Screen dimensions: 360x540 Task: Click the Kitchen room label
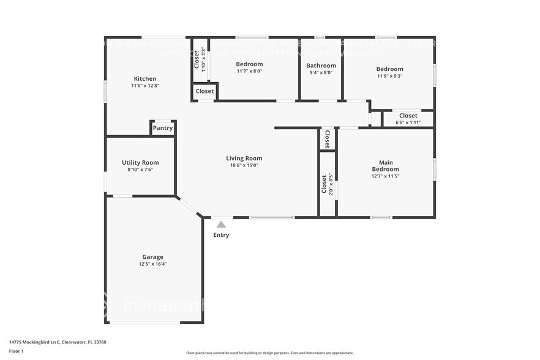tap(145, 78)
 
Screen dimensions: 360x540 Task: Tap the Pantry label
tap(163, 128)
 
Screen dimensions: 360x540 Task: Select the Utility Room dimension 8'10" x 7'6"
tap(140, 170)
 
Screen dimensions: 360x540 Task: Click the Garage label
tap(152, 257)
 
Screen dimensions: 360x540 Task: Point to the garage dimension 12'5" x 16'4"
tap(152, 264)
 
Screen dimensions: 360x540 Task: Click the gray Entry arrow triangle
tap(221, 225)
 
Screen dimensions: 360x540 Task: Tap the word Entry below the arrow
tap(221, 235)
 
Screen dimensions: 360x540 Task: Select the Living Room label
tap(244, 158)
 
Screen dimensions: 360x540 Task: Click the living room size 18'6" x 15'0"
tap(244, 165)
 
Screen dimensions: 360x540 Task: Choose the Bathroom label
tap(321, 66)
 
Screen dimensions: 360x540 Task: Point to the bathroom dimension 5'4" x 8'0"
tap(321, 73)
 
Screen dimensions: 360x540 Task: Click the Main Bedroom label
tap(385, 165)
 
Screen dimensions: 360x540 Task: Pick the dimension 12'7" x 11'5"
tap(385, 176)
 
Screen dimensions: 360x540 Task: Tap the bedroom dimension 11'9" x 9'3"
tap(389, 77)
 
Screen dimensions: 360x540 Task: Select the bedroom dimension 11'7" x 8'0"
tap(249, 72)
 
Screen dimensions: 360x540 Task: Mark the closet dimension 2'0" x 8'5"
tap(331, 184)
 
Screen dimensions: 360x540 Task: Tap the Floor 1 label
tap(17, 351)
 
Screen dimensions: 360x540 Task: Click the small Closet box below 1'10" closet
tap(204, 91)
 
